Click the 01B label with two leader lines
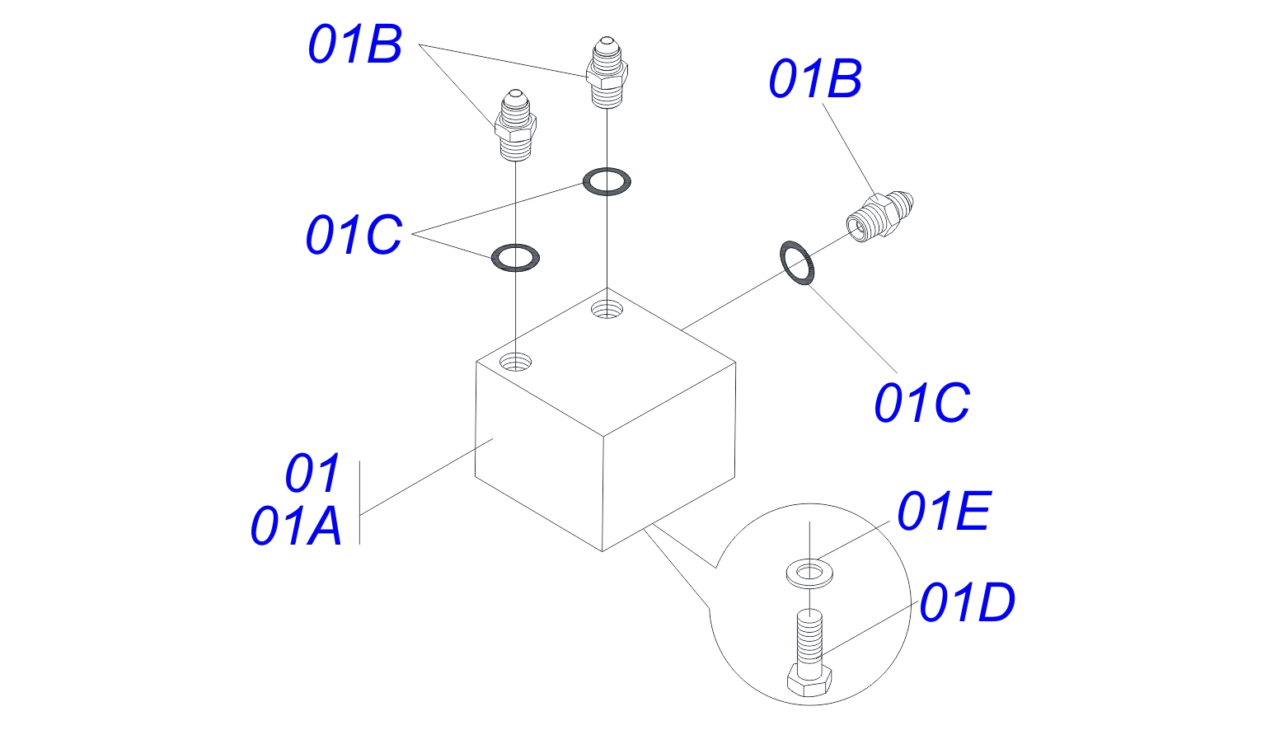pos(354,44)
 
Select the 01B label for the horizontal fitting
pos(815,80)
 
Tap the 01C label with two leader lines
pos(354,235)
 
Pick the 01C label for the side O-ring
pos(921,404)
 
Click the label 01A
pos(296,526)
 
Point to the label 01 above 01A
pos(312,474)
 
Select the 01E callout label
pos(943,512)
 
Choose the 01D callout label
pos(967,603)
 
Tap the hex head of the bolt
pos(809,681)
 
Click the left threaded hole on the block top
pos(516,361)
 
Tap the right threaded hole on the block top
pos(607,310)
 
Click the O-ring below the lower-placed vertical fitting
pos(515,257)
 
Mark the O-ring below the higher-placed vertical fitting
pos(607,181)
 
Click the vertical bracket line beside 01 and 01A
pos(360,503)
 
